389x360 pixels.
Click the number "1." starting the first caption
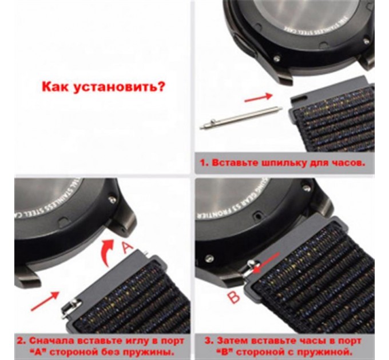click(204, 162)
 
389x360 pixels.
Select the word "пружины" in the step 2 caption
click(153, 349)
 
